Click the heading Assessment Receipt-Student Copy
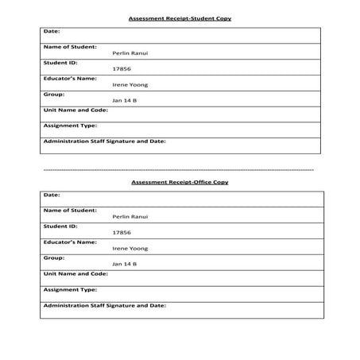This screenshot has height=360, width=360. (180, 17)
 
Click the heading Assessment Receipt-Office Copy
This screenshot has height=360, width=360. (180, 182)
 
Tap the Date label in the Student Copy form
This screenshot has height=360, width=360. (52, 31)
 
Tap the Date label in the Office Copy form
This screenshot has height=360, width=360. (52, 195)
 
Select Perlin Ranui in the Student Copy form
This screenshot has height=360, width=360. (130, 52)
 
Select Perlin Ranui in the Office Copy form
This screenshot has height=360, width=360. (130, 216)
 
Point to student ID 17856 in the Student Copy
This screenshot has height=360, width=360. (122, 68)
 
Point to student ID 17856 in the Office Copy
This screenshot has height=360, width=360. (122, 232)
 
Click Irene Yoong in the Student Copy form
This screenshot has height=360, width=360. (130, 84)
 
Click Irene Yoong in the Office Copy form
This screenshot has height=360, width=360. (130, 248)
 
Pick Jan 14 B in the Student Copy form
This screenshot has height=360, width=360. (125, 100)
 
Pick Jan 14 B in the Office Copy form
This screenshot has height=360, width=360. (125, 264)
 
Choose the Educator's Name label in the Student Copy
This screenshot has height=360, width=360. (70, 78)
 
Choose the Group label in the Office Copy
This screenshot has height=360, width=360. (53, 257)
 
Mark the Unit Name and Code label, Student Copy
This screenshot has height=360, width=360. (75, 110)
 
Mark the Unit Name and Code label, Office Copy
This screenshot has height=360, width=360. (75, 273)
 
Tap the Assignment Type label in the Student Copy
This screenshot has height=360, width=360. (70, 126)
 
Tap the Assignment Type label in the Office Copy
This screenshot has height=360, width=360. (70, 289)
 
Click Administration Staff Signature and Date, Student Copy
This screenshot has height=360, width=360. (104, 141)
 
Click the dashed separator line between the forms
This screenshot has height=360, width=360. (179, 170)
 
